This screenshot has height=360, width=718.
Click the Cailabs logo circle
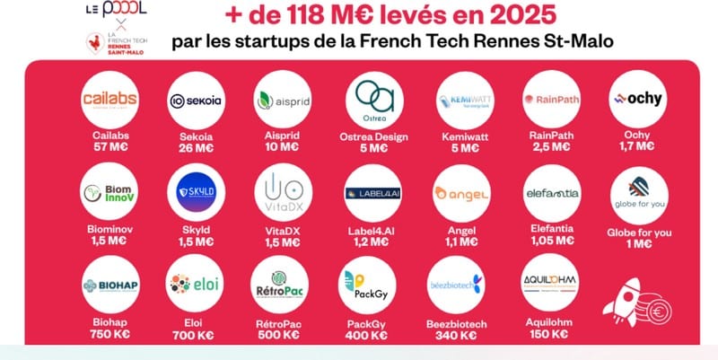click(x=108, y=100)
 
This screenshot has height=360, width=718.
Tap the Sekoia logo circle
click(x=196, y=100)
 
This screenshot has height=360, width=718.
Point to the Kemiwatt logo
click(x=461, y=100)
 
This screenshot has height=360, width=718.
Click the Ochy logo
click(x=636, y=100)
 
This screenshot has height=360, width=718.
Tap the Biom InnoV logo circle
click(x=108, y=192)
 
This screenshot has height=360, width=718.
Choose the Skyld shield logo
click(x=196, y=192)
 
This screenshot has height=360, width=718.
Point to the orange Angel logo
click(x=461, y=192)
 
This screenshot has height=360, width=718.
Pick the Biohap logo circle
click(x=108, y=285)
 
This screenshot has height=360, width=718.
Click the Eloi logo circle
click(x=196, y=285)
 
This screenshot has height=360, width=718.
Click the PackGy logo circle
click(x=373, y=285)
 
